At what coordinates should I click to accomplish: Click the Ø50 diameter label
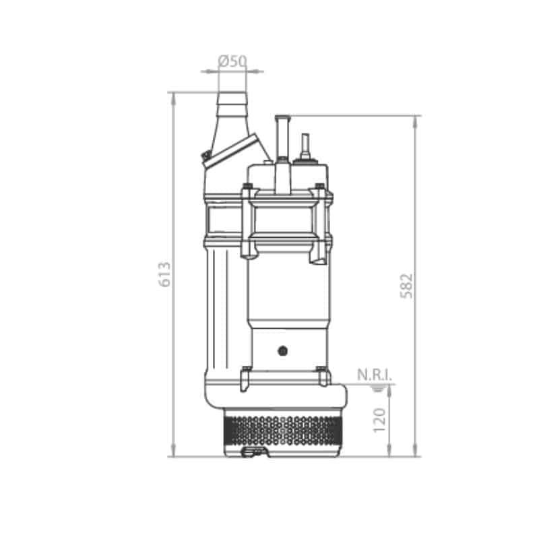[x=232, y=61]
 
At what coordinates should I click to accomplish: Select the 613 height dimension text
[x=164, y=274]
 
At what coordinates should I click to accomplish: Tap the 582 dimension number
[x=406, y=286]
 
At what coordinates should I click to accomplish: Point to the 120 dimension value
[x=379, y=420]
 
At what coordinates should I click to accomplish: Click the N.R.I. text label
[x=375, y=375]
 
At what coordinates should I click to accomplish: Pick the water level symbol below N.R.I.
[x=378, y=389]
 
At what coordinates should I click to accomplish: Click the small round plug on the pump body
[x=282, y=351]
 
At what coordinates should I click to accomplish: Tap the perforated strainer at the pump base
[x=282, y=431]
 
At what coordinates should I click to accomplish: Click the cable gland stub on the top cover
[x=305, y=146]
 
